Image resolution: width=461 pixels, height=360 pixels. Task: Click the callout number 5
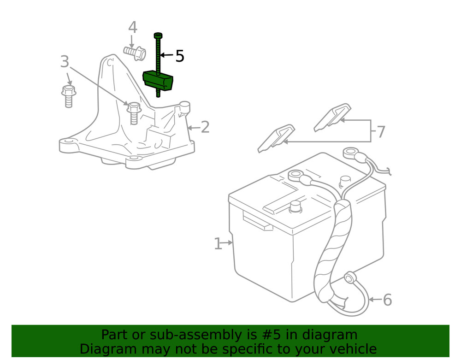[180, 56]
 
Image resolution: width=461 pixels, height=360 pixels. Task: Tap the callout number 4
[133, 28]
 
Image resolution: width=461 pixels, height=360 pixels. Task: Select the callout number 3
[65, 61]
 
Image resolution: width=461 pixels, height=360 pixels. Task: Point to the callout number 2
[205, 127]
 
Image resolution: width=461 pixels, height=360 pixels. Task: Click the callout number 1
[218, 243]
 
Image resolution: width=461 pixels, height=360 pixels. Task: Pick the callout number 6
[387, 300]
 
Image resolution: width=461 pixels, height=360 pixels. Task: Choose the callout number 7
[381, 132]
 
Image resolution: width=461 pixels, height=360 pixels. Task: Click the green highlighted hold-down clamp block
[160, 81]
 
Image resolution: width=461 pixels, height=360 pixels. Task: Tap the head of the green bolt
[158, 35]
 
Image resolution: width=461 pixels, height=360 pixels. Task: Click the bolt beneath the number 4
[135, 53]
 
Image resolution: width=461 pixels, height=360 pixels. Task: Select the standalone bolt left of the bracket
[68, 95]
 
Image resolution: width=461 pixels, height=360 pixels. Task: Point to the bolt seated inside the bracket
[133, 112]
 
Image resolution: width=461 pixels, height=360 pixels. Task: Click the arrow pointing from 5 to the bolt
[166, 56]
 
